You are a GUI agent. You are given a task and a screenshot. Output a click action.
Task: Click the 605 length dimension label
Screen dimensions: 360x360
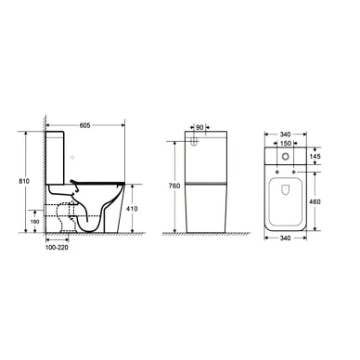click(84, 125)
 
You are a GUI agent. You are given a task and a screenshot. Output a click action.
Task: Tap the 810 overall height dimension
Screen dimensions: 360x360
click(24, 181)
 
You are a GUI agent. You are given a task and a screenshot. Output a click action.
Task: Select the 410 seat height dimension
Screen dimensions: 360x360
click(132, 209)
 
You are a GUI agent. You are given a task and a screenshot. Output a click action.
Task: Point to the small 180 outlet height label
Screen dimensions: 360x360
click(35, 222)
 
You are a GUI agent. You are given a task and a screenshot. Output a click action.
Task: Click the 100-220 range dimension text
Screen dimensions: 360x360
click(57, 248)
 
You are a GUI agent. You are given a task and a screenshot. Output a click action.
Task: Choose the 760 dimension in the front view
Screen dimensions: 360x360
click(174, 186)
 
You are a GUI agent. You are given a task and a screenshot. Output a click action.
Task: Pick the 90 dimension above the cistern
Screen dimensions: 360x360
click(199, 127)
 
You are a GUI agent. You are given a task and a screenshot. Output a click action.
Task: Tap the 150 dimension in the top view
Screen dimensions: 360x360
click(286, 143)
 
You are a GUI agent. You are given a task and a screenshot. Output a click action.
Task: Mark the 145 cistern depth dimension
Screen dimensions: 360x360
click(315, 156)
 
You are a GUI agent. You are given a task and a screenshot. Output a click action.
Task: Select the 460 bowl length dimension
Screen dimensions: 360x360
click(315, 201)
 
